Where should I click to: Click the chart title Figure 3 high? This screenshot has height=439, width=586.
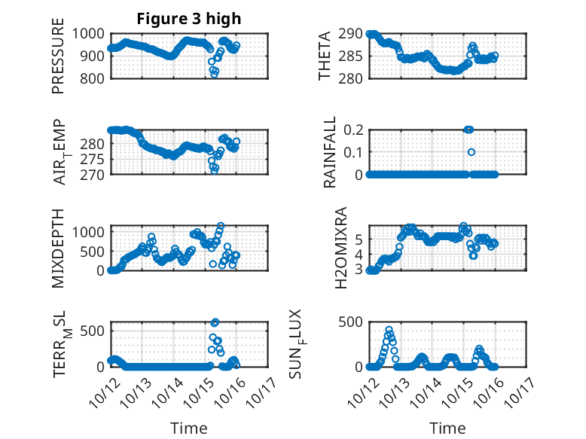coord(188,19)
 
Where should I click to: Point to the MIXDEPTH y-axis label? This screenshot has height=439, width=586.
coord(59,248)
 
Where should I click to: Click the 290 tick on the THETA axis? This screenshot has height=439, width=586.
coord(352,33)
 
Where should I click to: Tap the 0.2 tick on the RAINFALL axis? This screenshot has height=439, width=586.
coord(353,130)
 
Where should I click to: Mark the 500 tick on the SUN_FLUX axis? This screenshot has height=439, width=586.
coord(351,322)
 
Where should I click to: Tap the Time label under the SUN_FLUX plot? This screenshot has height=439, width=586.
coord(447,428)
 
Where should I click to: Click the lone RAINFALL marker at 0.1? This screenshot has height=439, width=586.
coord(472,152)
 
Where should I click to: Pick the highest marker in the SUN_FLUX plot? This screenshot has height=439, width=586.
coord(389,330)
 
